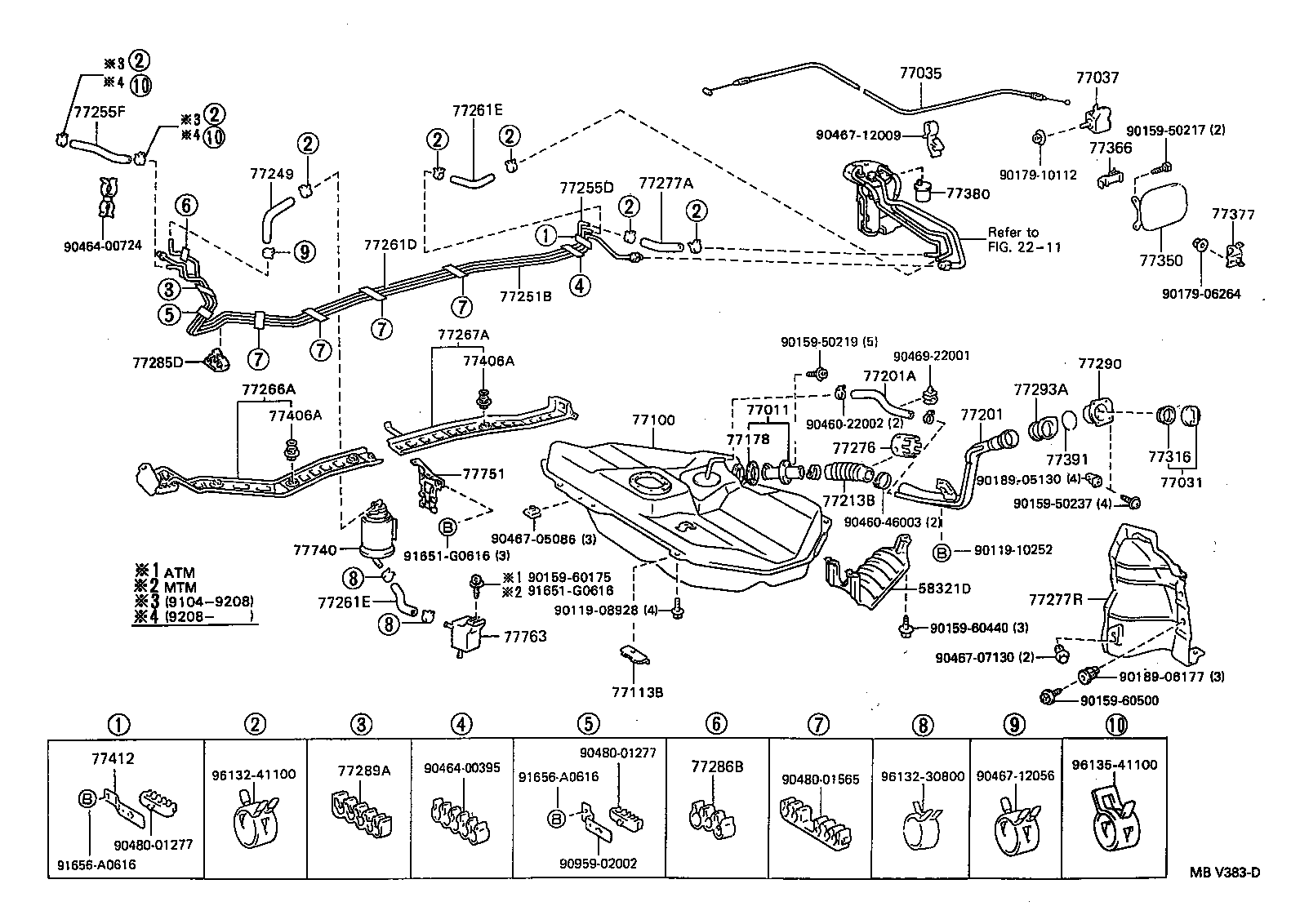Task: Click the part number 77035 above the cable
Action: click(920, 73)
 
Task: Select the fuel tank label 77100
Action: click(652, 420)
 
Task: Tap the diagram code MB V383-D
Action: click(1223, 872)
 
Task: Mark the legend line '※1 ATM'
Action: click(166, 572)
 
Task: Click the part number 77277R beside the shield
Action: click(1055, 600)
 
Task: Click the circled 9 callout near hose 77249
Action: click(304, 251)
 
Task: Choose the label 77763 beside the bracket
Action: click(525, 636)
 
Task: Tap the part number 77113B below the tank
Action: click(637, 692)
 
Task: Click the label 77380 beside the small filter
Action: click(968, 194)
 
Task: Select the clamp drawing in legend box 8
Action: click(922, 833)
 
